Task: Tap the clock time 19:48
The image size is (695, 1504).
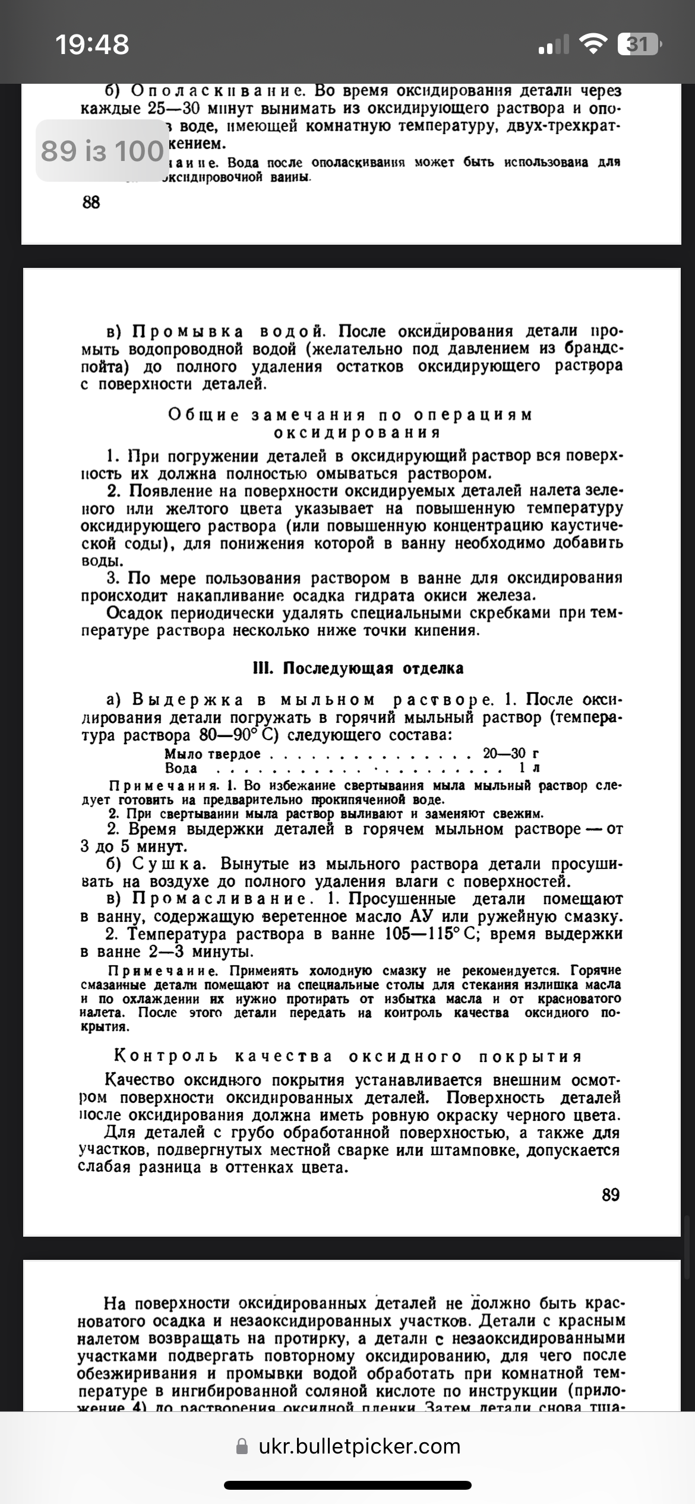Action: (x=92, y=45)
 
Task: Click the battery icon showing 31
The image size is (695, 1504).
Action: (x=639, y=45)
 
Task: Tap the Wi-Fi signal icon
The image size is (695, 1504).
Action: (x=592, y=45)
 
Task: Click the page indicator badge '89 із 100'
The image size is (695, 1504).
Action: (x=102, y=151)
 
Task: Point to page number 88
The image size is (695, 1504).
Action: (x=91, y=203)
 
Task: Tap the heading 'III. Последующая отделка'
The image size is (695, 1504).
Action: (x=358, y=668)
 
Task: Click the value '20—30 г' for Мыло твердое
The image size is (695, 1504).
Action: (x=511, y=754)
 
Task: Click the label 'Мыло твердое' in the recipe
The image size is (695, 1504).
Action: (x=212, y=754)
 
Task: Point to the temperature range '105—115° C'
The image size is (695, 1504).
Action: (x=432, y=934)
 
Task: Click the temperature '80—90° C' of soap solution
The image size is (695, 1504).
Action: (x=239, y=736)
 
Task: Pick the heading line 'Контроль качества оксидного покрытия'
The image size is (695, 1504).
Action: (x=348, y=1057)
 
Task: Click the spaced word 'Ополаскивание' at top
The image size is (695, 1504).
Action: (x=217, y=91)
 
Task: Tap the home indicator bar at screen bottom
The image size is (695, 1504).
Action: (x=347, y=1485)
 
